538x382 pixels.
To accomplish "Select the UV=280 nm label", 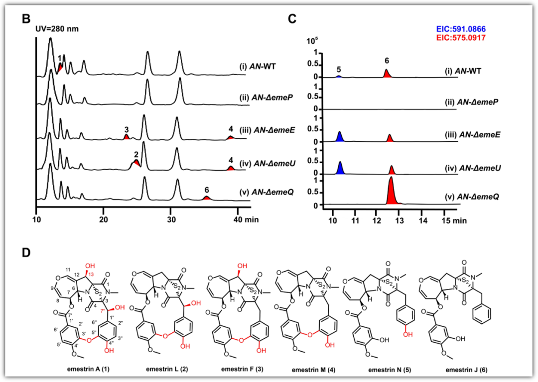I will point(56,29).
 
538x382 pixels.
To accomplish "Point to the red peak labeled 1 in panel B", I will point(60,67).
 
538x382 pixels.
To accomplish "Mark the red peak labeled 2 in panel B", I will point(136,162).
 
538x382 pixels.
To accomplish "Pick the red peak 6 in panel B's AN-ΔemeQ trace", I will point(207,198).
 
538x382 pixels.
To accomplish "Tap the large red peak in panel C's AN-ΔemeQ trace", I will point(392,191).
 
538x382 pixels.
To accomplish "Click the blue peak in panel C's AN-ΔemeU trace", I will point(341,168).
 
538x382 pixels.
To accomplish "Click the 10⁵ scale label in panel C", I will point(312,41).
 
